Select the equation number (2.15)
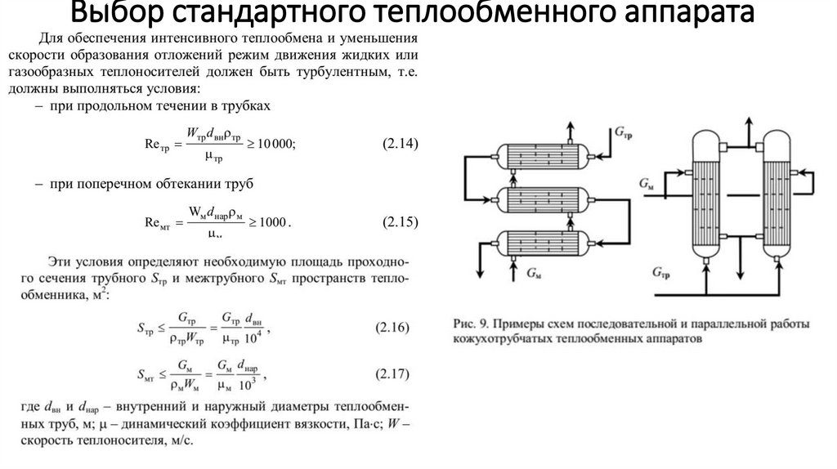pos(401,221)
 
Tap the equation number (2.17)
pos(394,375)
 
